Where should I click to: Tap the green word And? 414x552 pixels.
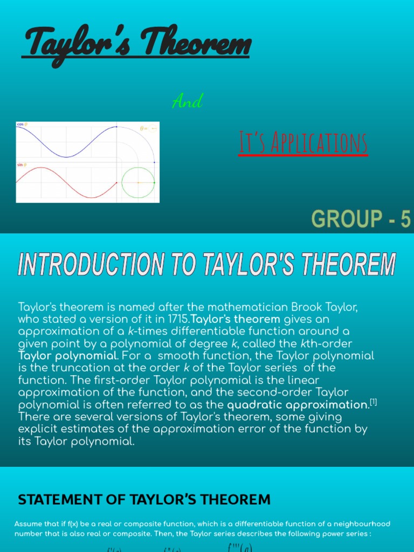coord(187,101)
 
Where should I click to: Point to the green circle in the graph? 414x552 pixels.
coord(138,183)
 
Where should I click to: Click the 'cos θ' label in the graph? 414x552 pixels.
coord(22,124)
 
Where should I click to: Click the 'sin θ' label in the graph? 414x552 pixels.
coord(22,165)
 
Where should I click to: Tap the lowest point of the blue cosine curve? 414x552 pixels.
coord(66,157)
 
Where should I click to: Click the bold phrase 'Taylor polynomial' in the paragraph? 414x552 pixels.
coord(67,356)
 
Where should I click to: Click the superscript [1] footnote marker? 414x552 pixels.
coord(373,402)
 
